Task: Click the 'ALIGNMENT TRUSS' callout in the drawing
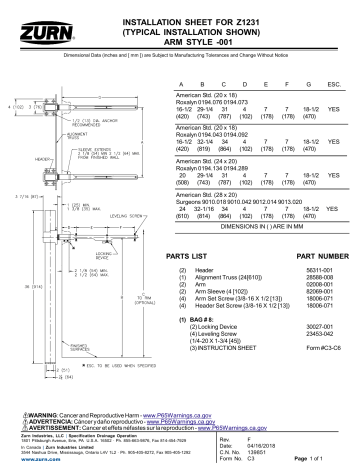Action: coord(57,136)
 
